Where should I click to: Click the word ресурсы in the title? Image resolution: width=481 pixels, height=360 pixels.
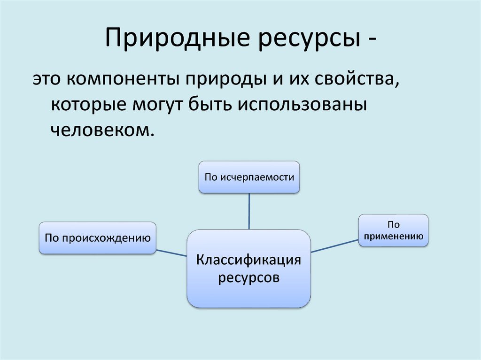(310, 40)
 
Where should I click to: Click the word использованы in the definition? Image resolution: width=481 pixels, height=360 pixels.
(303, 104)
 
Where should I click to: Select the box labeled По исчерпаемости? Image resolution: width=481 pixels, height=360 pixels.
(249, 177)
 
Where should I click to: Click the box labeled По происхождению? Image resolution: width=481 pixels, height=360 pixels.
(98, 238)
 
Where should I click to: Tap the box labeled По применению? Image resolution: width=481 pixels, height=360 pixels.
(393, 230)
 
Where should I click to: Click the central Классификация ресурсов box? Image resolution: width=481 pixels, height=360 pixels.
(248, 268)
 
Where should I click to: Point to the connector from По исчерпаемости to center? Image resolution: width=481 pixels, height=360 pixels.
(249, 211)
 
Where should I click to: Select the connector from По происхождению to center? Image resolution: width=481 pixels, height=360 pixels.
(171, 253)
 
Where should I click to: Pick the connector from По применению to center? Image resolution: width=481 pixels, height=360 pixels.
(334, 246)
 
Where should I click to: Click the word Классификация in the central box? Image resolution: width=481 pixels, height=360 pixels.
(248, 260)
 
